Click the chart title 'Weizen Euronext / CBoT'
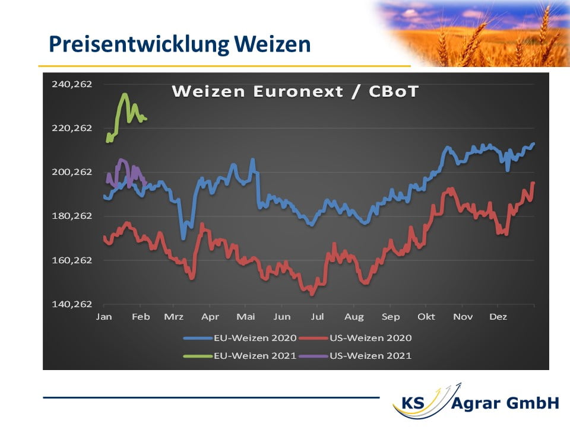[x=295, y=91]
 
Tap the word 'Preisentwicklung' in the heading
[x=139, y=44]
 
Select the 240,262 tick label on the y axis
[x=72, y=84]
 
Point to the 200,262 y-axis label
[x=72, y=172]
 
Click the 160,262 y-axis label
[x=72, y=260]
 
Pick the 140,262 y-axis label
[x=72, y=304]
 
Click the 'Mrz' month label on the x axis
[x=174, y=317]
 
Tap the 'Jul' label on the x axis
[x=317, y=317]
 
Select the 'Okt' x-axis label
[x=426, y=317]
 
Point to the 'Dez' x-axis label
[x=498, y=317]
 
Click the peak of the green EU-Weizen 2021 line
[x=125, y=95]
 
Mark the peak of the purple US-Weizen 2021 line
[x=121, y=160]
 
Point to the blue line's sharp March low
[x=183, y=238]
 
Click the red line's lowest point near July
[x=312, y=294]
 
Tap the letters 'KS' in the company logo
[x=413, y=403]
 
